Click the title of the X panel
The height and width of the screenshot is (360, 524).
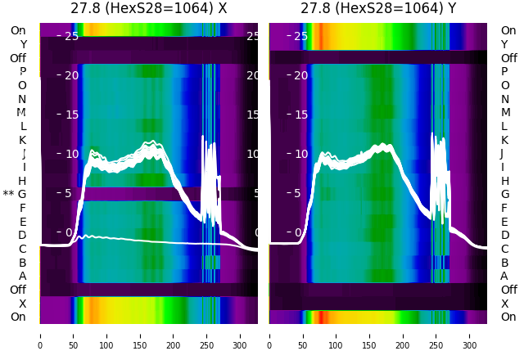pos(148,9)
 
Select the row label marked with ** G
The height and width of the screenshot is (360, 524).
pos(15,195)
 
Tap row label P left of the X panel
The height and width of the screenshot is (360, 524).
pos(22,72)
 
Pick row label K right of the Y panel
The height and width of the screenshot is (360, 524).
pos(504,140)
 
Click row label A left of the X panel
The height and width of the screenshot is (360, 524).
pos(22,277)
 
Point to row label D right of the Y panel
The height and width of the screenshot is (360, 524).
pos(504,236)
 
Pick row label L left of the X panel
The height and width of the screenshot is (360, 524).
pos(22,127)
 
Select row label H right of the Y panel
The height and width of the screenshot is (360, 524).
pos(504,181)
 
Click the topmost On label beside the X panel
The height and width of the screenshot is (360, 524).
pos(18,31)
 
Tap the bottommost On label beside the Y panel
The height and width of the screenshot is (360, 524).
pos(508,317)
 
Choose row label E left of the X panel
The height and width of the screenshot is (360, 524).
pos(22,222)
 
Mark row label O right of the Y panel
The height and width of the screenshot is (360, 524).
pos(504,86)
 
